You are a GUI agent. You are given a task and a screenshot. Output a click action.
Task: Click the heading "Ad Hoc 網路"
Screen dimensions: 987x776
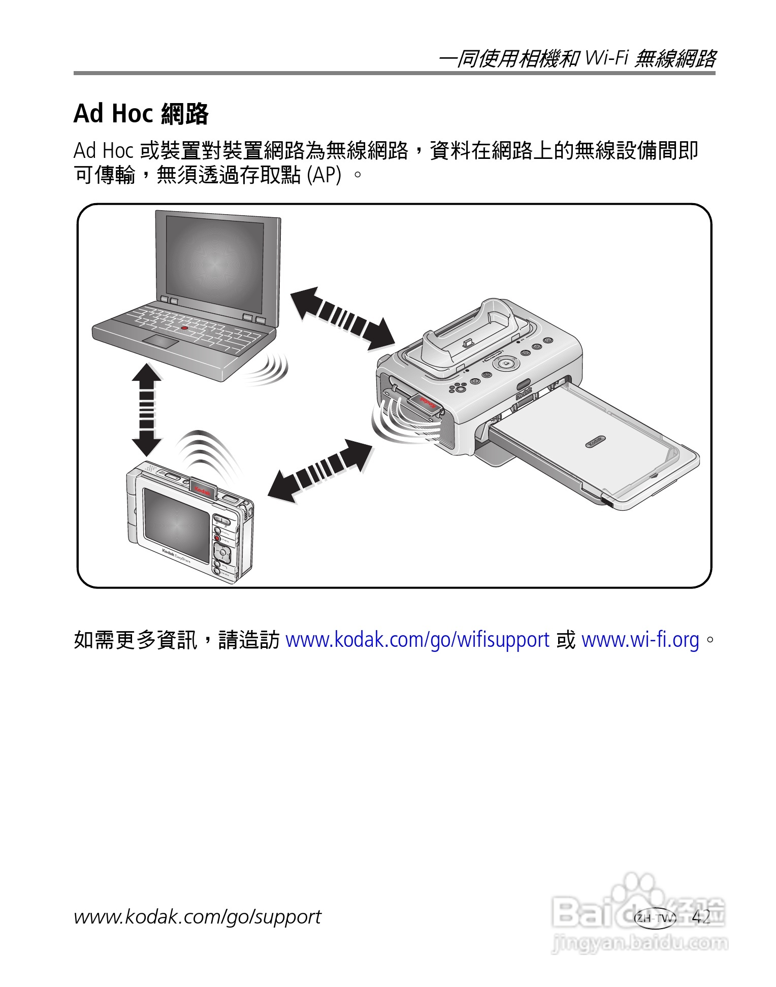tap(141, 113)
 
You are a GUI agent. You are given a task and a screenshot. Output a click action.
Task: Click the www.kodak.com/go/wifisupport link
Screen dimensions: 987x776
tap(417, 640)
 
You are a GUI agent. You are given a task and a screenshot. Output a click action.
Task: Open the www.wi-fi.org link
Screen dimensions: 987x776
tap(640, 640)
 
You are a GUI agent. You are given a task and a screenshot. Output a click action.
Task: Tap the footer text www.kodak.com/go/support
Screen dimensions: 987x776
tap(197, 916)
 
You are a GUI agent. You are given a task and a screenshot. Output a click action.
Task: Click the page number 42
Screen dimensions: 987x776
tap(701, 916)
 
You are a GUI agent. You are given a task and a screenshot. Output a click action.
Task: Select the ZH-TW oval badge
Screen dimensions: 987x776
tap(655, 918)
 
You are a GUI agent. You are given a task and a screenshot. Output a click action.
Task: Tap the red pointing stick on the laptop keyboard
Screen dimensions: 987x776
tap(184, 328)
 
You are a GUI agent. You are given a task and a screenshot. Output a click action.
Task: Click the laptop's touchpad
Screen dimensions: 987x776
tap(160, 341)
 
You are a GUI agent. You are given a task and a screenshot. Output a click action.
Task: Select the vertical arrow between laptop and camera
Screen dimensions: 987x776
tap(147, 409)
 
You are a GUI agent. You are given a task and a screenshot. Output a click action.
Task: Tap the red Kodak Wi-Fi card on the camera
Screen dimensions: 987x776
tap(203, 489)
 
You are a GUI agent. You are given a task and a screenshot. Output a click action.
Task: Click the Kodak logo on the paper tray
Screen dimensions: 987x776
tap(595, 441)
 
